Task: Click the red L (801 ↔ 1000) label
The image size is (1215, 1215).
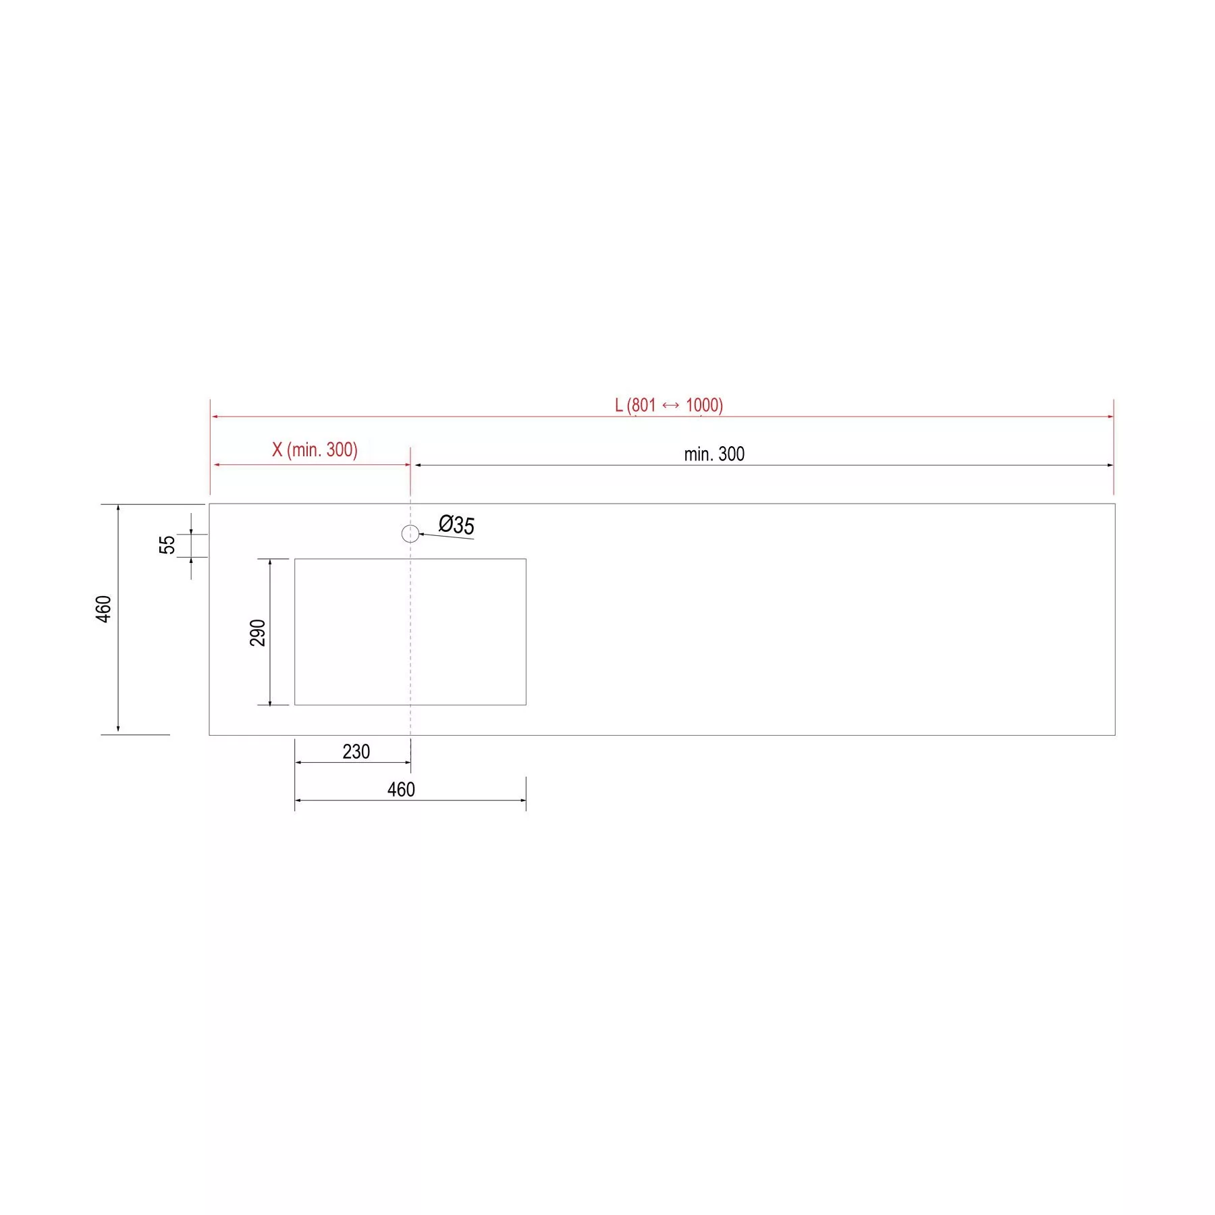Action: (x=669, y=405)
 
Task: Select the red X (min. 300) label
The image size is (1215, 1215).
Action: (x=315, y=450)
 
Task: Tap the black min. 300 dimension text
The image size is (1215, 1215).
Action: (x=714, y=454)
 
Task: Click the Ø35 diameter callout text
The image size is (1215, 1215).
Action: (x=456, y=524)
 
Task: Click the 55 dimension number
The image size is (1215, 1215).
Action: (x=167, y=545)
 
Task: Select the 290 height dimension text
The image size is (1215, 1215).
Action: (x=258, y=632)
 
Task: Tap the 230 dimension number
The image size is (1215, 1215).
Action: (x=356, y=751)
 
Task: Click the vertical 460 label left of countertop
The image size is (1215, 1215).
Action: (x=103, y=609)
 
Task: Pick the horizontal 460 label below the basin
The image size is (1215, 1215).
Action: (x=401, y=789)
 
